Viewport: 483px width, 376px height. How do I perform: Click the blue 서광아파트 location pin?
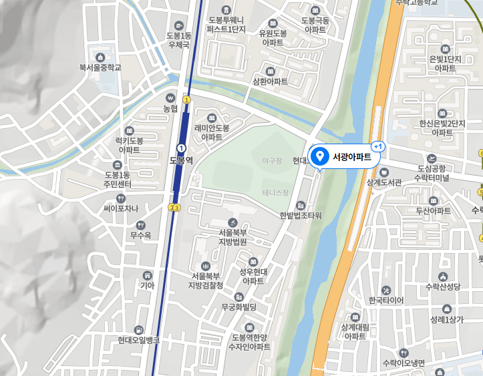(x=319, y=156)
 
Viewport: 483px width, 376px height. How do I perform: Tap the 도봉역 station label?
(x=181, y=160)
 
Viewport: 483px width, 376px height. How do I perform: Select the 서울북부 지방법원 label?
(x=232, y=237)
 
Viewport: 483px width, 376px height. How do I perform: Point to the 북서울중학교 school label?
(x=100, y=67)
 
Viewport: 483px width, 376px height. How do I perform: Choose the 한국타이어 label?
(x=382, y=300)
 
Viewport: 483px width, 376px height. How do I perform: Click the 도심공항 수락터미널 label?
(x=432, y=173)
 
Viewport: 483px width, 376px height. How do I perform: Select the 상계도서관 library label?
(x=384, y=182)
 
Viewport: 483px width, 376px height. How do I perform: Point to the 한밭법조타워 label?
(x=301, y=215)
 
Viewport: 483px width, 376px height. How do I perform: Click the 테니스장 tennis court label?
(x=275, y=193)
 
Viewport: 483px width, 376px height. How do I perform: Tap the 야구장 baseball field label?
(x=272, y=161)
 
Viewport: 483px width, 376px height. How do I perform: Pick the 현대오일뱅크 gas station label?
(x=138, y=339)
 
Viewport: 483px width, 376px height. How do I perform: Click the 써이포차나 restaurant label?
(x=121, y=208)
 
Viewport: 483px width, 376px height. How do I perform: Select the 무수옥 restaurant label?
(x=141, y=234)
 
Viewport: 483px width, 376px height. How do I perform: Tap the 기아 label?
(x=147, y=285)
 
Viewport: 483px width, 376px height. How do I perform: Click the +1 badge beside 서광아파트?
(x=378, y=146)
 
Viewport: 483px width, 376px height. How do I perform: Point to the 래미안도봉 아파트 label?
(x=212, y=132)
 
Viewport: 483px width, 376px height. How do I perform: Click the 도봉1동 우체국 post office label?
(x=179, y=40)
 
